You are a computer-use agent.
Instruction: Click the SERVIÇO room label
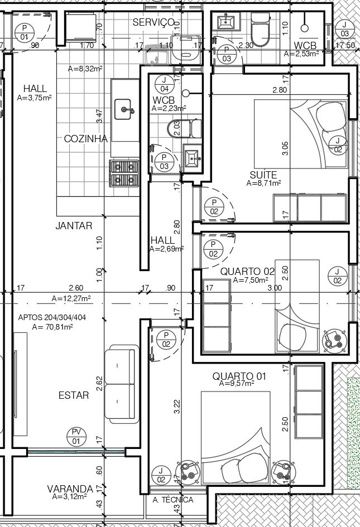(x=153, y=22)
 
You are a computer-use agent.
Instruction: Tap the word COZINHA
(x=86, y=139)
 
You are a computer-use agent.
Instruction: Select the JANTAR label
(x=74, y=225)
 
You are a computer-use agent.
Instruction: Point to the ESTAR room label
(x=74, y=395)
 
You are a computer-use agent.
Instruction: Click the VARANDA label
(x=70, y=489)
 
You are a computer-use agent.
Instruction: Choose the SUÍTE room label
(x=263, y=175)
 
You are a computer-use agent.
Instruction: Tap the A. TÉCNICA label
(x=173, y=500)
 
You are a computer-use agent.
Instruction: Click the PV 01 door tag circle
(x=76, y=437)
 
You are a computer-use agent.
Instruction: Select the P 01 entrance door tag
(x=24, y=32)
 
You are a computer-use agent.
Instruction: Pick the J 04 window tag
(x=165, y=84)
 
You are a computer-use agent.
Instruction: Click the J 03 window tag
(x=344, y=29)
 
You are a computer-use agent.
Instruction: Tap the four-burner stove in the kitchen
(x=124, y=173)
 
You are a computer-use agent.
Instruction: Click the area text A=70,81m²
(x=53, y=326)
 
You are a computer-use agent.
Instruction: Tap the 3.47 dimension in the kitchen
(x=99, y=116)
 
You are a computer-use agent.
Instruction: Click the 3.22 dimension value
(x=177, y=406)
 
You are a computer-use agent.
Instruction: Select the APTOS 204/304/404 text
(x=52, y=317)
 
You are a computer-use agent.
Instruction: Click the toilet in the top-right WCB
(x=260, y=30)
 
